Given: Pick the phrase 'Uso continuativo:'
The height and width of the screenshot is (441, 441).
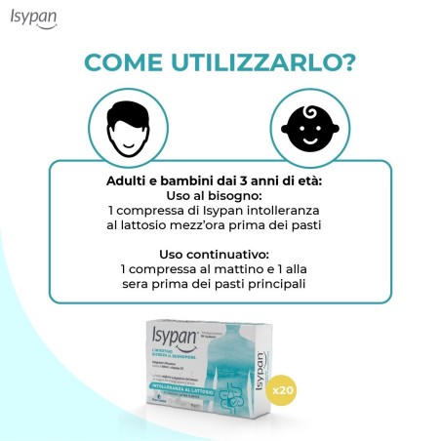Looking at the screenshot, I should coord(220,255).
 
